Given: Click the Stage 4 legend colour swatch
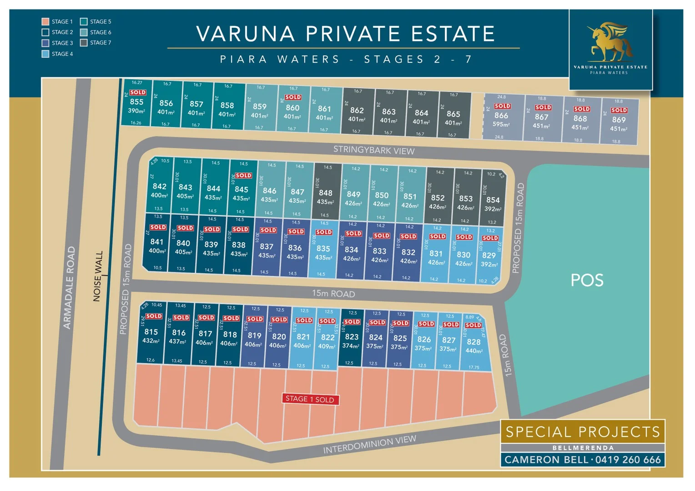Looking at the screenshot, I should [x=45, y=54].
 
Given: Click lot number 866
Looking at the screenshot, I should [x=501, y=115].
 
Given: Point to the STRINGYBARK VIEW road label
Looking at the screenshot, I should [x=374, y=150].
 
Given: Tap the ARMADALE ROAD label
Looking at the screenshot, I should [x=69, y=287].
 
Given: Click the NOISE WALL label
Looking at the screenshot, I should [x=98, y=276].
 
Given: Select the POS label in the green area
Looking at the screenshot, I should [x=587, y=280].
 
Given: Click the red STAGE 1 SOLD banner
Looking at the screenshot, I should [x=310, y=399].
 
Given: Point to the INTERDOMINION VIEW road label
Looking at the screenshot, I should [x=369, y=444].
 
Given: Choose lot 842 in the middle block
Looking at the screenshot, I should [x=159, y=186].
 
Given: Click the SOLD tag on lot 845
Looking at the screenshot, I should [x=243, y=175].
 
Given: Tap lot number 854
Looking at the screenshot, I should [x=493, y=200].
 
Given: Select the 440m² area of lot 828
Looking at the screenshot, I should [x=474, y=351].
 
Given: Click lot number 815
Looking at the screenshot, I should [x=151, y=332].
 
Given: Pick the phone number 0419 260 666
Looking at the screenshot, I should [x=628, y=460].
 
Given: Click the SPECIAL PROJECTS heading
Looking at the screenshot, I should [x=583, y=431].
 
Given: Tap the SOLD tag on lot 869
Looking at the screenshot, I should [x=619, y=110].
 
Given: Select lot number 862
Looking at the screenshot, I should [x=357, y=110].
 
